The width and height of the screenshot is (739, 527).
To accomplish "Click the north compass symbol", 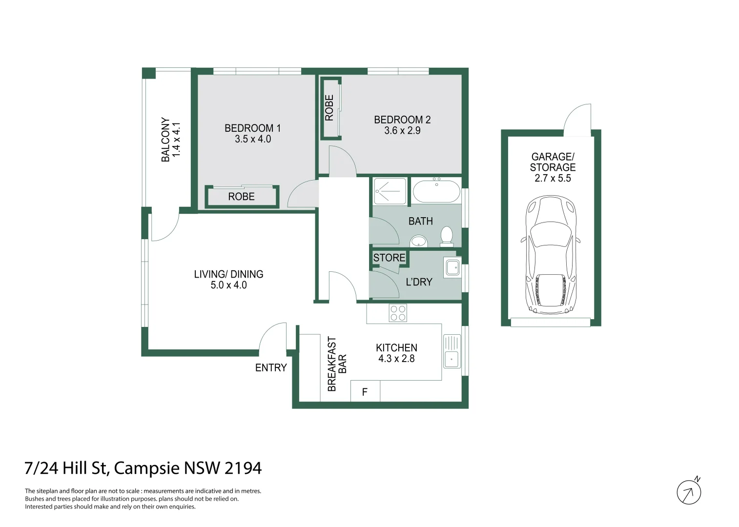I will coord(689,492).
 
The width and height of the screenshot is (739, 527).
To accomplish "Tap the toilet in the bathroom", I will coord(447,236).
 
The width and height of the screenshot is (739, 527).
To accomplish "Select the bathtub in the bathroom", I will coord(436,191).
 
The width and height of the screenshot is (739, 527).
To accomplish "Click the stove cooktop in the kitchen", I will coord(398,313).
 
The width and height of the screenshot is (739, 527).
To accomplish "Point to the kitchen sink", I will coord(452,351).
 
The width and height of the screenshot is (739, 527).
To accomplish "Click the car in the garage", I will coord(551,255).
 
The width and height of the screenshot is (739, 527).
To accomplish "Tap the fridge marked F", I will coord(365,392).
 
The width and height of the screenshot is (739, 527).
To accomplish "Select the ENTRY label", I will coord(271,368).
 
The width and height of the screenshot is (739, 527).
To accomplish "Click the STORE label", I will coord(389,258).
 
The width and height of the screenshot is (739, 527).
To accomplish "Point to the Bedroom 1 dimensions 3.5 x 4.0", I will coord(253,139).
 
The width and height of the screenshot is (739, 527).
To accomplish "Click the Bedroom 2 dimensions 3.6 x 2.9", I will coord(402,131).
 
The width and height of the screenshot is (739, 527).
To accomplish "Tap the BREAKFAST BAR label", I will coord(337,364).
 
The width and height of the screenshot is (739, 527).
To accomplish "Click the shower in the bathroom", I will coord(390,191).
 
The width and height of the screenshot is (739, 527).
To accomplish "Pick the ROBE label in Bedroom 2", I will coord(329,108).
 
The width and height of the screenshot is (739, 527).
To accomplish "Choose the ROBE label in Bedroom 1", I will coord(241,197).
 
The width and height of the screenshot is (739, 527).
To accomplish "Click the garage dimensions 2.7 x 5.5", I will coord(553,178).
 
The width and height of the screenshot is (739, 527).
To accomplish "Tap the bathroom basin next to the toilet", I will coord(418,241).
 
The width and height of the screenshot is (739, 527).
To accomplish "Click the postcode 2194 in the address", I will coord(243,468).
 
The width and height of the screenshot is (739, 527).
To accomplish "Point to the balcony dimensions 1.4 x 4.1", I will coord(177,140).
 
